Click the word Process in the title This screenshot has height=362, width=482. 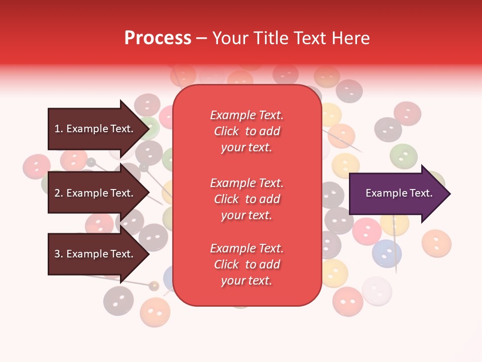[158, 38]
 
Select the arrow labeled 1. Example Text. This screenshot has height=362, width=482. [95, 129]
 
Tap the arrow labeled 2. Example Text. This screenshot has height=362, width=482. [95, 193]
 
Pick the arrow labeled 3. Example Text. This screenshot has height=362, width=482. [95, 254]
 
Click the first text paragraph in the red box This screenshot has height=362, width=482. [247, 131]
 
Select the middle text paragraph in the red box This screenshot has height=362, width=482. [247, 199]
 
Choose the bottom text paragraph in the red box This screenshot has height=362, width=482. [247, 264]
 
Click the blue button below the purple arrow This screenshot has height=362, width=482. [387, 253]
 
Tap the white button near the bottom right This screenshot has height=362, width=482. [377, 291]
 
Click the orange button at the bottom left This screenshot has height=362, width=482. [155, 312]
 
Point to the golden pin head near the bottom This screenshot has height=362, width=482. [154, 286]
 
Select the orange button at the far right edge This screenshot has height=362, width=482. [436, 242]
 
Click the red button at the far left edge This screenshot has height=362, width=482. [37, 166]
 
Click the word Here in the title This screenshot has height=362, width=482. [350, 38]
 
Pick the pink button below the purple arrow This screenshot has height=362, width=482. [367, 231]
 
